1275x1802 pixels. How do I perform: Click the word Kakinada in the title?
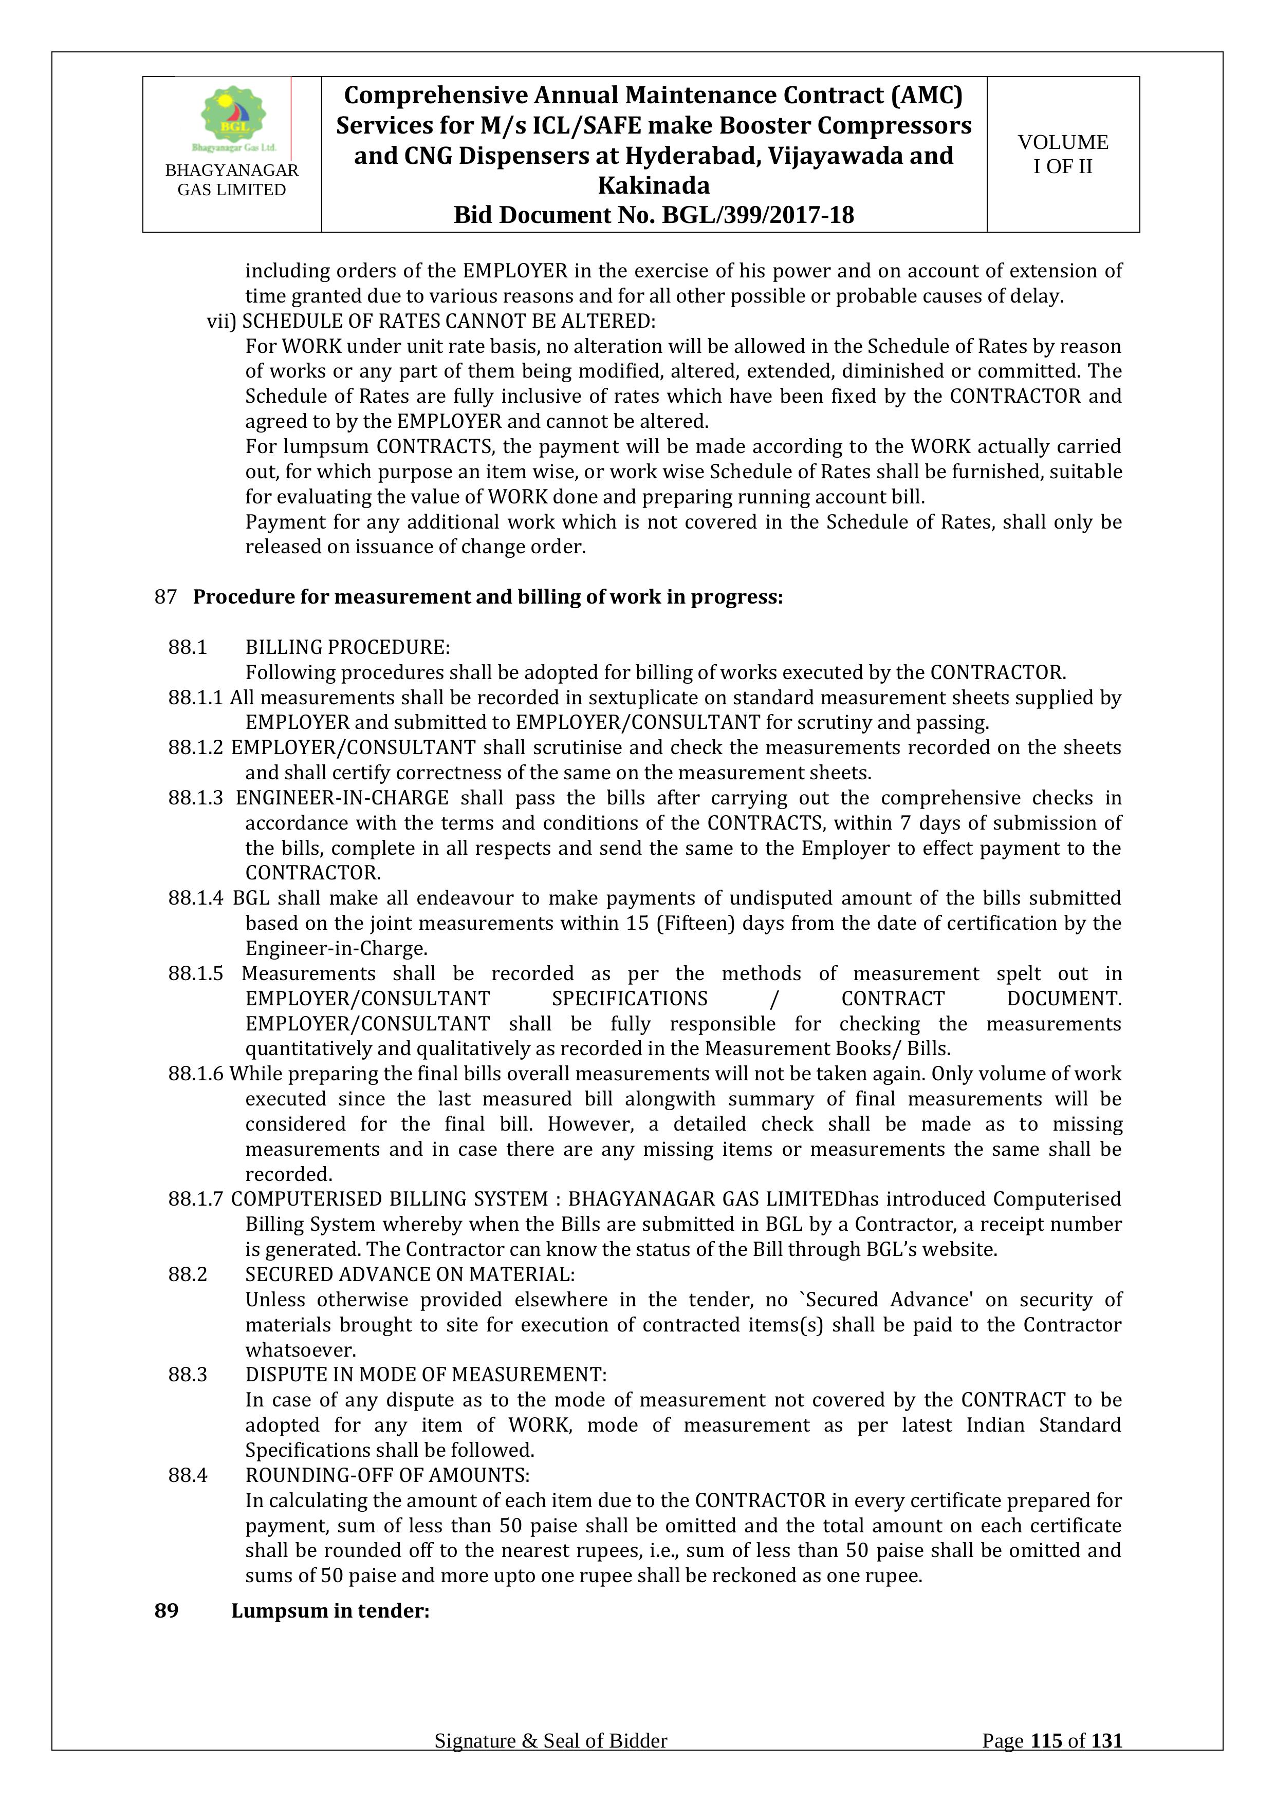[653, 185]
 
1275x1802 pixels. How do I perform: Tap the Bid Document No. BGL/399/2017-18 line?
[653, 215]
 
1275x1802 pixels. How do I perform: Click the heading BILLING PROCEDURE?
[347, 647]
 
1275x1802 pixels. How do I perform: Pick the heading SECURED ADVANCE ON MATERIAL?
[410, 1274]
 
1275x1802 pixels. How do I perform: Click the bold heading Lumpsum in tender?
[330, 1610]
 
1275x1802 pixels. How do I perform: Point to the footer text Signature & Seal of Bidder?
[550, 1763]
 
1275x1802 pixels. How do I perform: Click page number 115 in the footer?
[1046, 1763]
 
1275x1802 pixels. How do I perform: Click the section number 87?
[165, 597]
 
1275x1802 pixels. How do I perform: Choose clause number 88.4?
[188, 1475]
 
